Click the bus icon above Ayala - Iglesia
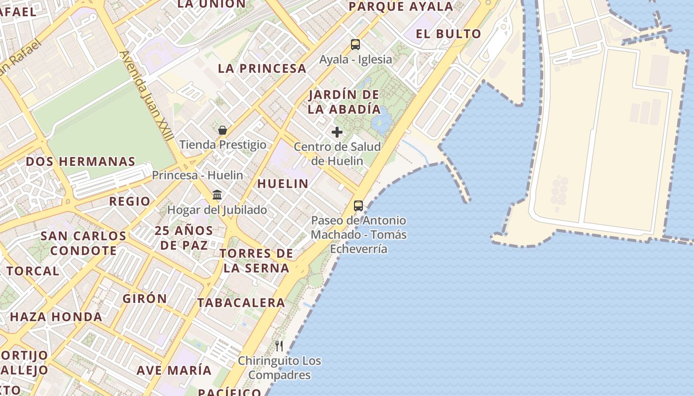tap(355, 45)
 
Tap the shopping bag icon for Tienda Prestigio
tap(223, 130)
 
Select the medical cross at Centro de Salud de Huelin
tap(337, 132)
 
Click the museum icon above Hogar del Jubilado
tap(217, 195)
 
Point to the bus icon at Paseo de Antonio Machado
tap(358, 206)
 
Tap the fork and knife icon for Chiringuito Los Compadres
tap(280, 346)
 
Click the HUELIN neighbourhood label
tap(283, 184)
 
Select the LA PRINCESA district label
tap(262, 69)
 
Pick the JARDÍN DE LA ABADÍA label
tap(344, 102)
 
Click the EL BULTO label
tap(449, 34)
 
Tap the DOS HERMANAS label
tap(80, 162)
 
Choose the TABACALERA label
tap(241, 302)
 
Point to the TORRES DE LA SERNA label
tap(256, 261)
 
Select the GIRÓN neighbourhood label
tap(145, 298)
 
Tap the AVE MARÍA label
tap(174, 370)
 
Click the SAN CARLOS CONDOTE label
tap(83, 243)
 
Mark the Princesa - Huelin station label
tap(197, 175)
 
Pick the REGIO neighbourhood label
tap(129, 201)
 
